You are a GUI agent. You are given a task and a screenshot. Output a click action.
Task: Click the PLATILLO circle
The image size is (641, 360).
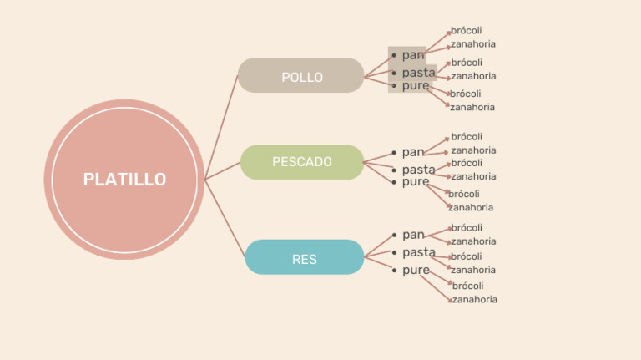coord(124,180)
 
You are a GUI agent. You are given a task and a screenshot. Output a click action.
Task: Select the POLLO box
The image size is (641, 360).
coord(301,76)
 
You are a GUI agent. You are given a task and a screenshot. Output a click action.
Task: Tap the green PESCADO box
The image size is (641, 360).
coord(302,162)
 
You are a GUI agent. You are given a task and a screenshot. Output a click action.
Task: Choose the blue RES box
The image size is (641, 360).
coord(305,258)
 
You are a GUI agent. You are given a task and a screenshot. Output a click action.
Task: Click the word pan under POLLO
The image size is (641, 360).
coord(413,55)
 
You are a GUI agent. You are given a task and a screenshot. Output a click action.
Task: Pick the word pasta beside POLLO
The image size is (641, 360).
coord(418,73)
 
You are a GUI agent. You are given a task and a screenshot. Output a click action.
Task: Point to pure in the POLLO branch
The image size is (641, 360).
coord(416,85)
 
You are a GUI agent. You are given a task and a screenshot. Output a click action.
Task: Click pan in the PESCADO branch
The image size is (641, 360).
coord(413,152)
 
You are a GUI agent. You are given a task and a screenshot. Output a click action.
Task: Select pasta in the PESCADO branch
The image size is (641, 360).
coord(418,170)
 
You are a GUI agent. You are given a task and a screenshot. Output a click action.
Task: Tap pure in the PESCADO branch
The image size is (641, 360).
coord(416,181)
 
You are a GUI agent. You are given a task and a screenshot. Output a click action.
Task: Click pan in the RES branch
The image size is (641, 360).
coord(413,235)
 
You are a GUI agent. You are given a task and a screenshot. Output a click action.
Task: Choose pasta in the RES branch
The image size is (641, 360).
coord(418,252)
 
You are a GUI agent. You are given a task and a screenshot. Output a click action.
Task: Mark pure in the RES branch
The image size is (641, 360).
coord(416,270)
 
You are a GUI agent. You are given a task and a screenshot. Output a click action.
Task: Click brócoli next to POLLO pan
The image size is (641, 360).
coord(467,31)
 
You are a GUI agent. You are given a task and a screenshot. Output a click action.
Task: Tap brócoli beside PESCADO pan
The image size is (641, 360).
coord(467,137)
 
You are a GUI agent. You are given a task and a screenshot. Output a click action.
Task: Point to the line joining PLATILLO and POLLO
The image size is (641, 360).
coord(222,125)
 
